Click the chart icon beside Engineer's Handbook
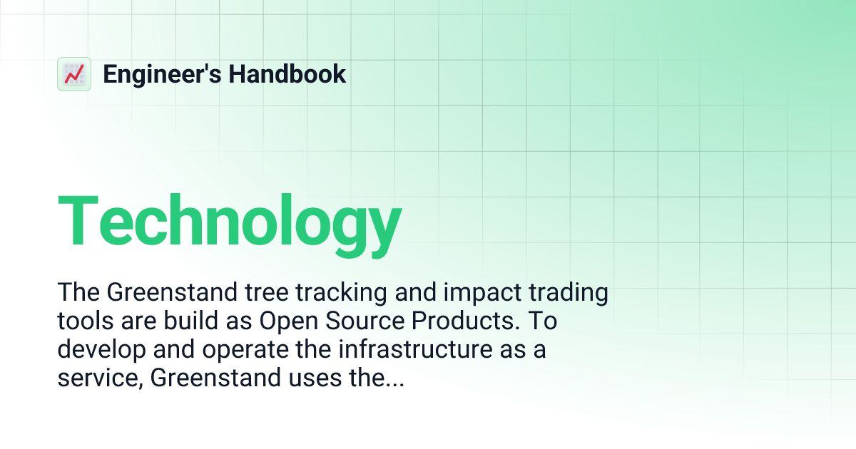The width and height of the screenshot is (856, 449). click(x=73, y=74)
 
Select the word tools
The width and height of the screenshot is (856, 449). click(x=82, y=321)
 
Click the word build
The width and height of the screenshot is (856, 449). click(x=188, y=321)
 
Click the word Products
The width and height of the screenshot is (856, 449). click(x=466, y=321)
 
